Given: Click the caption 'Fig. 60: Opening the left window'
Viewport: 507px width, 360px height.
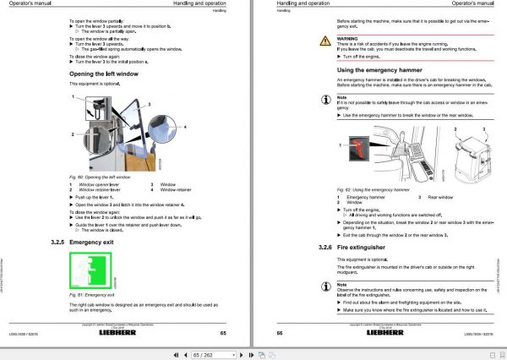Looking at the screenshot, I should pyautogui.click(x=99, y=176).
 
